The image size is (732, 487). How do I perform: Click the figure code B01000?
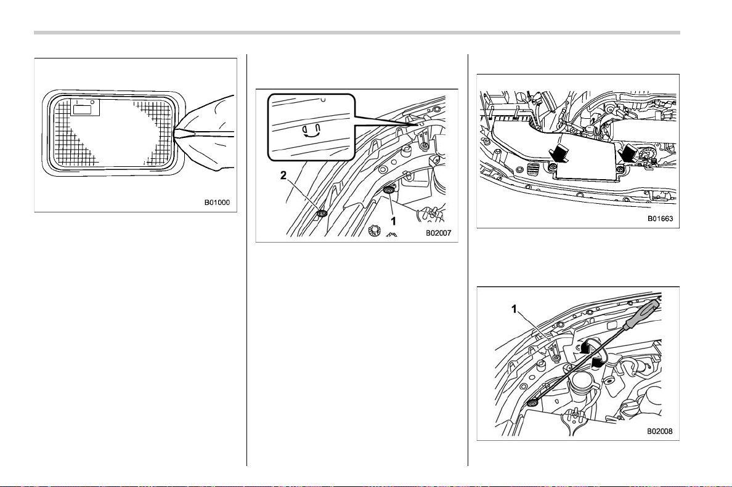coord(217,203)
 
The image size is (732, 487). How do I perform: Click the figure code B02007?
coord(438,233)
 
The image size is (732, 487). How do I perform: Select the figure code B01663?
coord(660,219)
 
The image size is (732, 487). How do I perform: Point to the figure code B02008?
coord(660,431)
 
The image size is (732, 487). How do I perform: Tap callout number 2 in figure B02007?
coord(283,175)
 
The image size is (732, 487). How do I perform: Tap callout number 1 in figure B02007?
coord(393,221)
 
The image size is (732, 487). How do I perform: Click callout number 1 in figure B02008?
coord(514,309)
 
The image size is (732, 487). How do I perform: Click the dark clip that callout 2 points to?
coord(322,214)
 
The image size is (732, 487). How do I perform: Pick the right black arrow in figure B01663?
coord(627,152)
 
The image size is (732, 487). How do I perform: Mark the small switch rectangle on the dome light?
coord(84,109)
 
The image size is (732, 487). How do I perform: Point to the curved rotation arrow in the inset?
coord(311,131)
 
